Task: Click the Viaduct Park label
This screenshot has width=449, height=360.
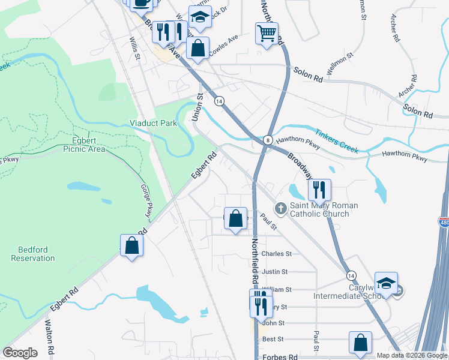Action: pos(154,123)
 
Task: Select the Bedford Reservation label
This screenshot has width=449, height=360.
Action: pos(33,254)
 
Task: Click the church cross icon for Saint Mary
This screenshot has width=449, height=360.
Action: pos(280,208)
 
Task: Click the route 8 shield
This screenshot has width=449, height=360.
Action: pos(268,139)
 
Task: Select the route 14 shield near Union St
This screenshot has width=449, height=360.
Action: pos(219,101)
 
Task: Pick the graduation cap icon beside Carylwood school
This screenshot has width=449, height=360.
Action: pos(387,283)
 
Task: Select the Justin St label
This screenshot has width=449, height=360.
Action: pos(276,271)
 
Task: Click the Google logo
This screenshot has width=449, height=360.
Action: pos(20,353)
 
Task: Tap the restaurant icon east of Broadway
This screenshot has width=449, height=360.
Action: pos(319,190)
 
